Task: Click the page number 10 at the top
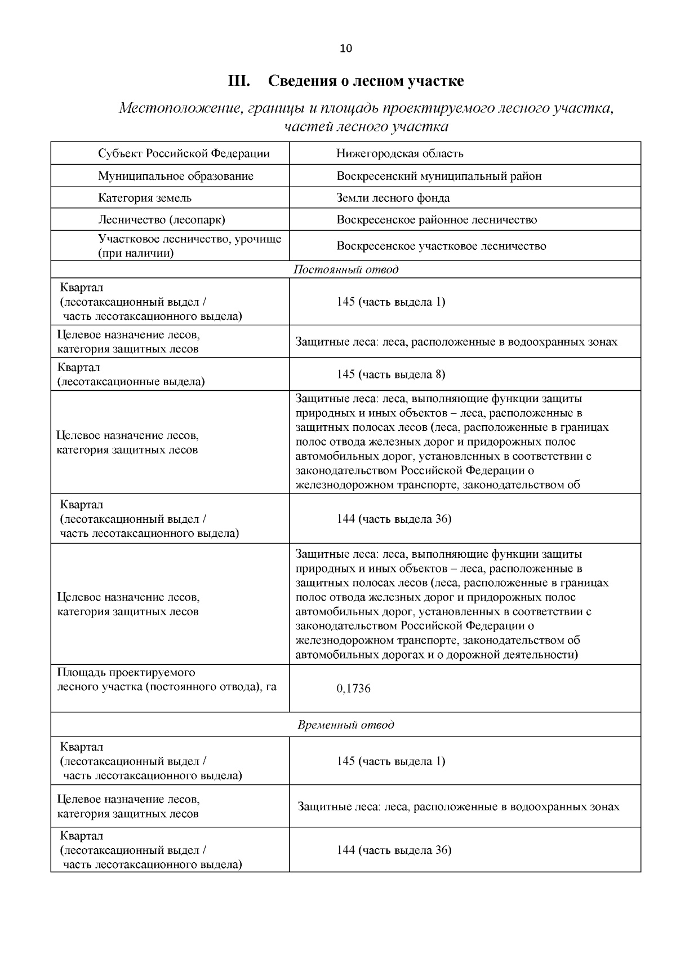coord(345,48)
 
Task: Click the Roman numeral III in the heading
coord(239,81)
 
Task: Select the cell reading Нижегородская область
coord(399,153)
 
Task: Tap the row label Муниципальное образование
coord(175,176)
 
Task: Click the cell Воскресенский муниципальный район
coord(439,176)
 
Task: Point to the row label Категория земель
coord(144,198)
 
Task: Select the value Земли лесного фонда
coord(393,198)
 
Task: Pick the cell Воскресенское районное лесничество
coord(437,220)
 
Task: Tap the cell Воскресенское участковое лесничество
coord(441,246)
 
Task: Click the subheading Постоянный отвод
coord(345,270)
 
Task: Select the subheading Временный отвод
coord(345,725)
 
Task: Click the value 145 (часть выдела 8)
coord(391,374)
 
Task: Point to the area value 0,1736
coord(353,689)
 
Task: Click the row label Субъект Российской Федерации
coord(184,153)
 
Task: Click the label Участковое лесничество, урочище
coord(189,239)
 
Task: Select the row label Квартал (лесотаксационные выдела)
coord(131,374)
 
